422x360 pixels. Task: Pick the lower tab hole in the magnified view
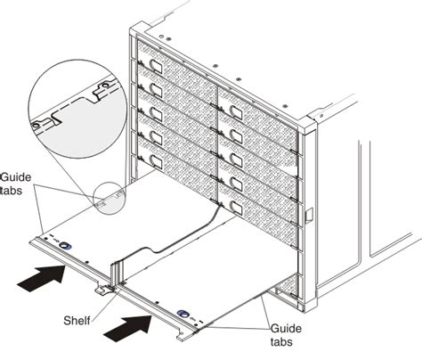[37, 126]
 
